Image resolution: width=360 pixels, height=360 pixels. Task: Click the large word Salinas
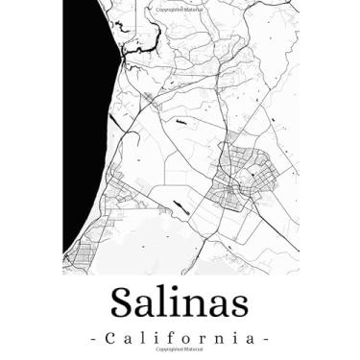click(x=180, y=302)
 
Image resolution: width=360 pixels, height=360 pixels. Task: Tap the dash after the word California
click(x=265, y=339)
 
